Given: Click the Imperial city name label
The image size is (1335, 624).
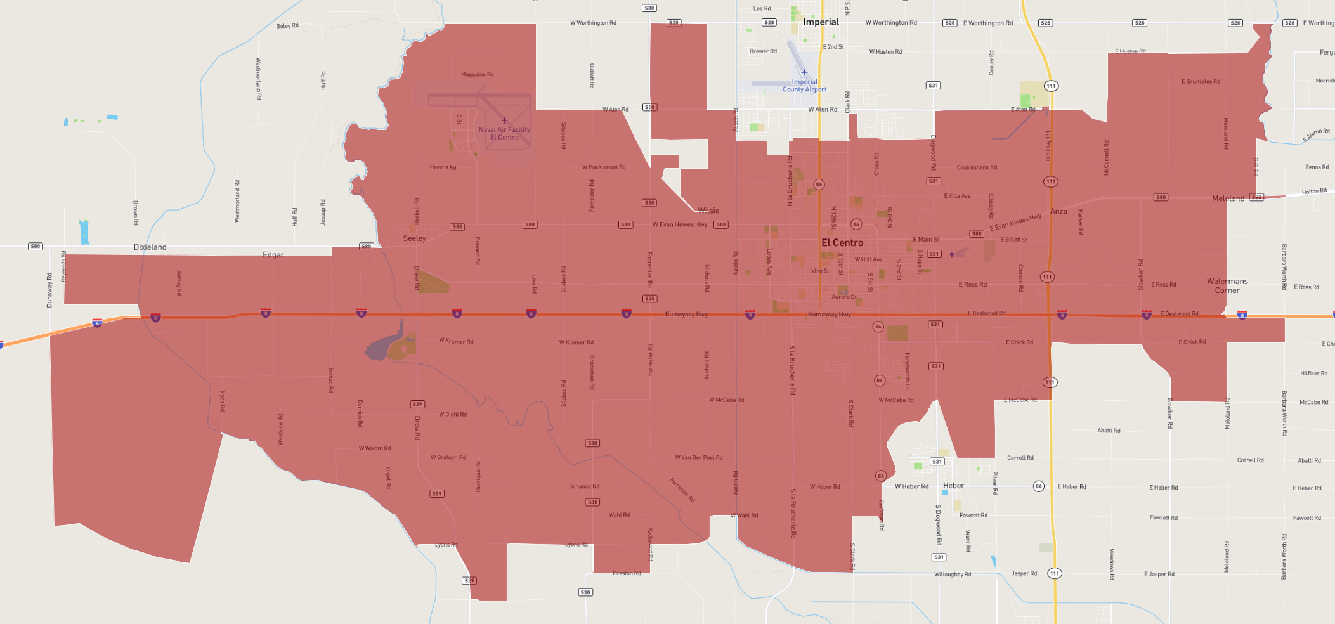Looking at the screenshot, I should point(821,22).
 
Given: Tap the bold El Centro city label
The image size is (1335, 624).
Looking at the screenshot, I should point(842,243).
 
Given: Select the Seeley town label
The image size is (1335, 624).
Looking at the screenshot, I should point(414,238).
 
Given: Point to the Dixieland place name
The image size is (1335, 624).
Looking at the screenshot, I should point(150,247).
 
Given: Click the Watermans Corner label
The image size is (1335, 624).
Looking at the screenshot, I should point(1227,286).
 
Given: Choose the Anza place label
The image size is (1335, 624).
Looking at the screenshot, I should point(1058,212).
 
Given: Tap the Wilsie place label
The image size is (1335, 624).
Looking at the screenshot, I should point(708,211).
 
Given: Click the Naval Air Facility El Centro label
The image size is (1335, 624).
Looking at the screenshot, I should point(504,134).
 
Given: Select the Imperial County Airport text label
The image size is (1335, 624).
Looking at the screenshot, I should point(804,86).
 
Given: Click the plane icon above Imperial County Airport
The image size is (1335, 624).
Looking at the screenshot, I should point(804,72).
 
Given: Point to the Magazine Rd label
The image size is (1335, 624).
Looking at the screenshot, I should point(477,75).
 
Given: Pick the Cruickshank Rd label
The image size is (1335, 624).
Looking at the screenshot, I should point(977,168).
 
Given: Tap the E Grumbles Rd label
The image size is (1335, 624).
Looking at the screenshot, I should point(1201,82).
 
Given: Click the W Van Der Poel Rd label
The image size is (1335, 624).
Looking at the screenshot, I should point(698,458).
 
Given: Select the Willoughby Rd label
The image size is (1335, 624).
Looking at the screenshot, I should point(952,575).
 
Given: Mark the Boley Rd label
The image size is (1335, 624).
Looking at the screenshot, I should point(287,26).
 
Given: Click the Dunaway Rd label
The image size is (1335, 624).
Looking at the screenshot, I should point(50,290).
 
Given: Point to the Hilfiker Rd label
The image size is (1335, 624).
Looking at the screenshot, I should point(1313,374).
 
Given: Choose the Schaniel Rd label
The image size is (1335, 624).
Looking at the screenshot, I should point(583,487).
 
